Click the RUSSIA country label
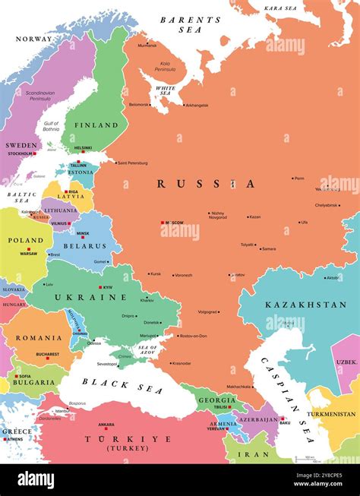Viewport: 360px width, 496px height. click(x=206, y=184)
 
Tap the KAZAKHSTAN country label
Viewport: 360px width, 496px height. click(x=305, y=305)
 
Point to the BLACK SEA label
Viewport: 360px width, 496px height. click(x=112, y=385)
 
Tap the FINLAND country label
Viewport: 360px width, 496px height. click(x=96, y=125)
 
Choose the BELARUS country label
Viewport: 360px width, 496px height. click(x=85, y=246)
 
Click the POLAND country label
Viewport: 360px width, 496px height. click(x=25, y=239)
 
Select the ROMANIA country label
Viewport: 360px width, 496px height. click(x=38, y=337)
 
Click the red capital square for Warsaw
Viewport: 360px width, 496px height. click(x=29, y=249)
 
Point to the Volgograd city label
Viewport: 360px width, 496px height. click(x=207, y=311)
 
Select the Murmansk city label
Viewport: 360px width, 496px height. click(x=147, y=46)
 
